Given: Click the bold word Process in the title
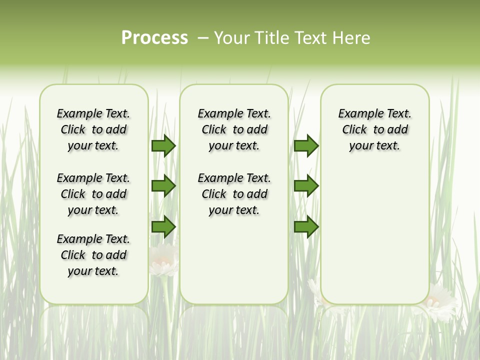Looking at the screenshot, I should pyautogui.click(x=154, y=37).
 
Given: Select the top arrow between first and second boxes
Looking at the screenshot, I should pyautogui.click(x=163, y=145).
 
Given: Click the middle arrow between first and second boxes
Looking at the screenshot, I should pyautogui.click(x=163, y=186).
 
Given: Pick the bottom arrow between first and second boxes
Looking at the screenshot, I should pyautogui.click(x=163, y=227).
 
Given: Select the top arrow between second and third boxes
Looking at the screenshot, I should pyautogui.click(x=306, y=145).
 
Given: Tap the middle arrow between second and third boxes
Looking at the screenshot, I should pyautogui.click(x=306, y=186).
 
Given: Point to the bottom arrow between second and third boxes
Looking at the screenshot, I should pyautogui.click(x=306, y=227).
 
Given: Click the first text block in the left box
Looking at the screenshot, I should pyautogui.click(x=93, y=129).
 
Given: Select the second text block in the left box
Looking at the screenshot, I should pyautogui.click(x=93, y=194).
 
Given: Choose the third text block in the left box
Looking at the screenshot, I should pyautogui.click(x=93, y=255).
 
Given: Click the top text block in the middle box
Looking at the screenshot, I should pyautogui.click(x=234, y=129).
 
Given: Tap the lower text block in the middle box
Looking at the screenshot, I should pyautogui.click(x=234, y=194).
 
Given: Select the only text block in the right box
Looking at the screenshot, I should pyautogui.click(x=374, y=129).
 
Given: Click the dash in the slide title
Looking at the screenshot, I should pyautogui.click(x=203, y=37).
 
